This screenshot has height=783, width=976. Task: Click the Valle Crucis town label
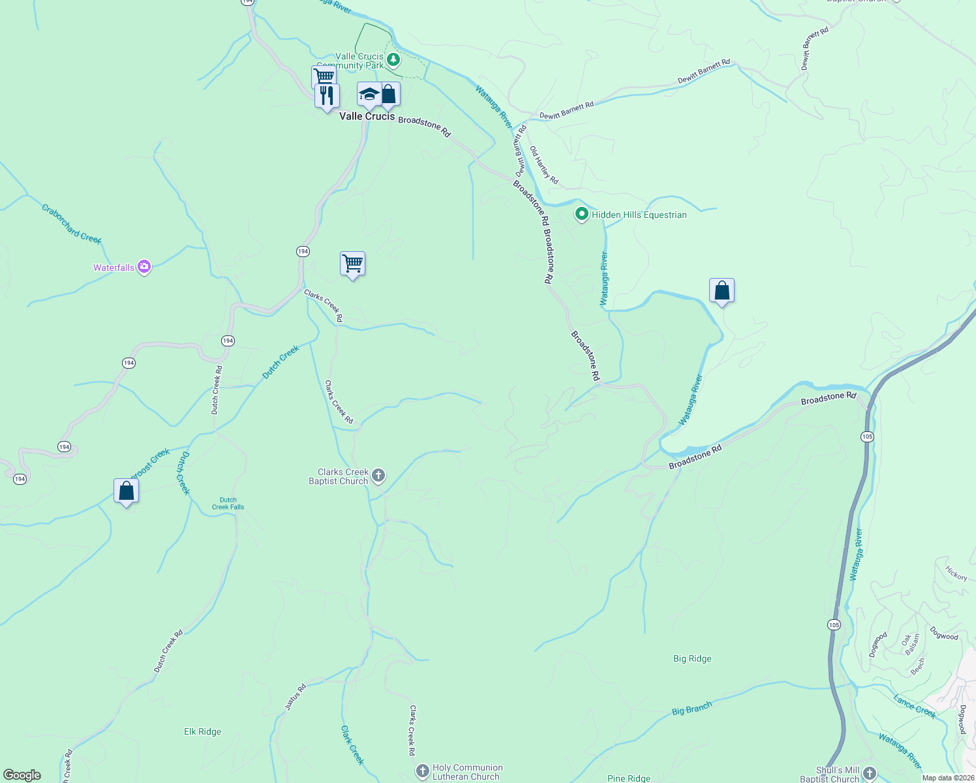pos(367,116)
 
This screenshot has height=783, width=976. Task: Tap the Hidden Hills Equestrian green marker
pos(581,214)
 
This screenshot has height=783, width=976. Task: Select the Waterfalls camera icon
pos(144,267)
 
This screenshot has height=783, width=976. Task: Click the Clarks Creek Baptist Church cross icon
pos(378,476)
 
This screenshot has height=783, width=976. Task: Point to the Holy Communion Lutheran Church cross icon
pos(423,771)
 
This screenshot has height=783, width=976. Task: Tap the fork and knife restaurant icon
pos(327,96)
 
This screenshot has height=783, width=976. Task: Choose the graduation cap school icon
pos(369,94)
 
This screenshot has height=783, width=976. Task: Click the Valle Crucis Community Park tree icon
pos(393,60)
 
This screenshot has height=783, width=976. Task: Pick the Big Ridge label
pos(692,658)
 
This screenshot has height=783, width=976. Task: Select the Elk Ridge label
pos(202,731)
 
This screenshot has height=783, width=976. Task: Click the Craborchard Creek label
pos(72,224)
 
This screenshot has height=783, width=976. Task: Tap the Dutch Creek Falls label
pos(228,503)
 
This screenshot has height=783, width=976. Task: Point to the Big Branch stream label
pos(692,708)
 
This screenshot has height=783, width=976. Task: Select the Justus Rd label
pos(296,697)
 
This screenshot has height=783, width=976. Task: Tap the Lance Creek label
pos(915,707)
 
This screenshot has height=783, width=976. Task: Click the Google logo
pos(22,775)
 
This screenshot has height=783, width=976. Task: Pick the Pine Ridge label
pos(629,778)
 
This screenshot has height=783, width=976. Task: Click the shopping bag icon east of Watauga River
pos(722,291)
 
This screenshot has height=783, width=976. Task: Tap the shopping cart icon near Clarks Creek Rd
pos(352,264)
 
